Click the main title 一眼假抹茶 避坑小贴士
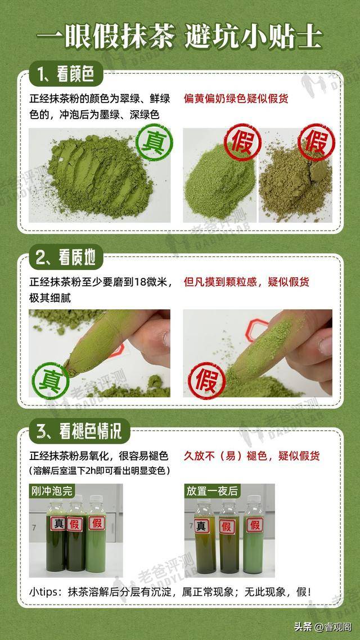coord(179,38)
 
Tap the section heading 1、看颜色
coord(65,74)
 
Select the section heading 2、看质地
coord(65,258)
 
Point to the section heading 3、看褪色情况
coord(79,431)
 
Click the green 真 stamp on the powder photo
coord(154,142)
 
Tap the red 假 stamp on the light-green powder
coord(242,142)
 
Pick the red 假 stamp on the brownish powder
coord(316,142)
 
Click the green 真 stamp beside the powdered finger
coord(51,380)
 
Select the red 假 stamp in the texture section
coord(206,380)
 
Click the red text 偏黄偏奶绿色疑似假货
coord(238,99)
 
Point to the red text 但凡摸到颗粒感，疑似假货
coord(246,282)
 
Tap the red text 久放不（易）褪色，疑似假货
coord(252,456)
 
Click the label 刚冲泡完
coord(51,490)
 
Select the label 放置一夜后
coord(212,490)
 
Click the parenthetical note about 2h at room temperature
coord(99,470)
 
